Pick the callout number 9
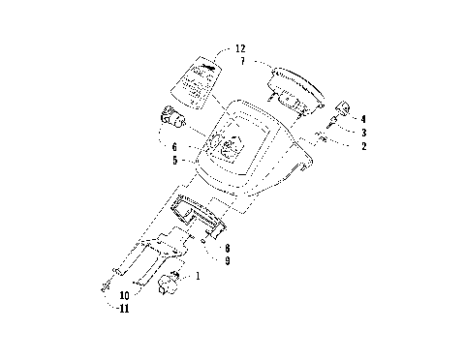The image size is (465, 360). [226, 261]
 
